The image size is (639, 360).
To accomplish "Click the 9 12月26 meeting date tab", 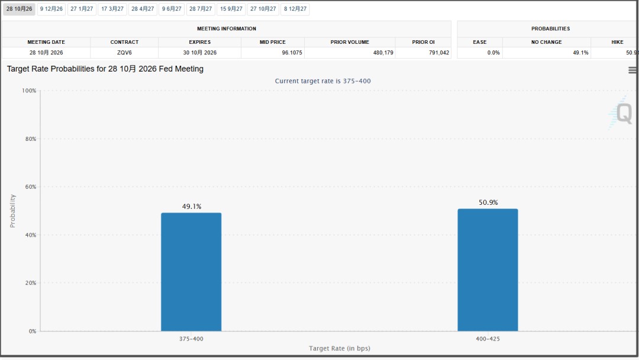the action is (x=51, y=9).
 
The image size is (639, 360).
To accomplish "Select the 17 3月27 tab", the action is (x=112, y=9).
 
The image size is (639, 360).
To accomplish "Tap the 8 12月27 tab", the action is (x=295, y=9).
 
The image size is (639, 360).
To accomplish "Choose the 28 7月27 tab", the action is (x=201, y=9).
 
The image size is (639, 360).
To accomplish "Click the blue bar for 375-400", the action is (x=191, y=272).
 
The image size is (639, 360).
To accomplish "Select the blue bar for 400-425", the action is (x=488, y=270).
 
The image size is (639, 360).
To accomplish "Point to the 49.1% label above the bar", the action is (x=192, y=207).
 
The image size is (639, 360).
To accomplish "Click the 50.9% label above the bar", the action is (x=488, y=202).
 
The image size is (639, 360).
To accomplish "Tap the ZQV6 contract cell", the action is (x=124, y=53).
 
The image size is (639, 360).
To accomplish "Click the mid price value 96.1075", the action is (x=292, y=53).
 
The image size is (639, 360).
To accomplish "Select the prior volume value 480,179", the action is (x=383, y=53).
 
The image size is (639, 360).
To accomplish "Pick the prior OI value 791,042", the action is (x=439, y=53).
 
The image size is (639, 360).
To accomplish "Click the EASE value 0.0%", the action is (x=493, y=53).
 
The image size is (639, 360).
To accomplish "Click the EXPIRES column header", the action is (x=200, y=42).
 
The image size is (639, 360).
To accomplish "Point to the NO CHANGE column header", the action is (x=547, y=42).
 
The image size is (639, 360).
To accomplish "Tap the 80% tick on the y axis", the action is (x=31, y=139).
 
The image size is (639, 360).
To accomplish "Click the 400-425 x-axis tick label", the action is (x=488, y=339).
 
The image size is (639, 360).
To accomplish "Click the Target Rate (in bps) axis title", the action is (x=340, y=348).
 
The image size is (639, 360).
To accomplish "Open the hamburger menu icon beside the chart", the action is (x=632, y=70).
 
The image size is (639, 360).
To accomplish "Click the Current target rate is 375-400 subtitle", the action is (x=323, y=81).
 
